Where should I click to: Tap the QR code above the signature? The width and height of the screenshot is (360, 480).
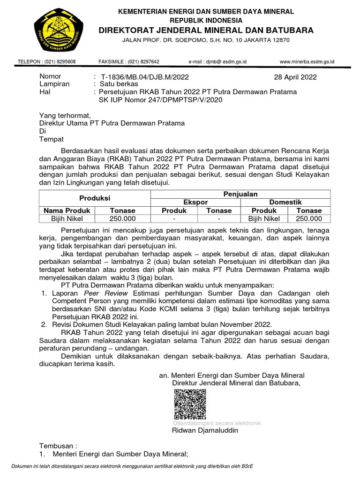click(190, 404)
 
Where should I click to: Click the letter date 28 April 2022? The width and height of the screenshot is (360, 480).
click(295, 77)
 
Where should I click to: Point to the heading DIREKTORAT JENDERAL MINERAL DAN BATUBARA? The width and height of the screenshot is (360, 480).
click(206, 30)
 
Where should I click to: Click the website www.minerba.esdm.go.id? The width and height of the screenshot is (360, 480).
click(307, 61)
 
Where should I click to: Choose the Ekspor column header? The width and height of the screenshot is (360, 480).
click(195, 202)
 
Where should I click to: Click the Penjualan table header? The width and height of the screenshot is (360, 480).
click(240, 194)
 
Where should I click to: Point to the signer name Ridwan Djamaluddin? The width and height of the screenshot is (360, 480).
click(205, 430)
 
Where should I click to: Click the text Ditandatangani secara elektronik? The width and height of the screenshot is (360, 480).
click(217, 423)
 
